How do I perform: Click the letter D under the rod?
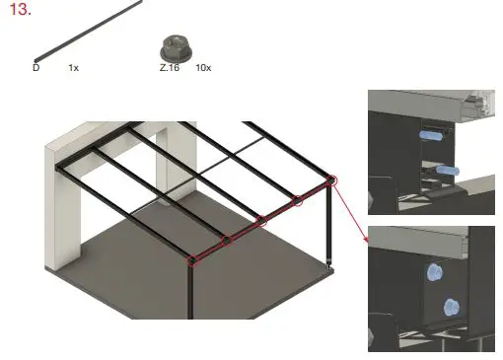point(36,69)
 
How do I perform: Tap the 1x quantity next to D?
point(73,69)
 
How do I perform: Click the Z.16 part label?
point(169,69)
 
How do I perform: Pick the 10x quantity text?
point(203,69)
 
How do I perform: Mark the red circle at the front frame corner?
point(192,260)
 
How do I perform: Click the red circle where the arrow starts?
point(331,180)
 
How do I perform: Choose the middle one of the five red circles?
point(261,221)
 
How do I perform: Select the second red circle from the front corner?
point(227,241)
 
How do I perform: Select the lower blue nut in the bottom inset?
point(450,306)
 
